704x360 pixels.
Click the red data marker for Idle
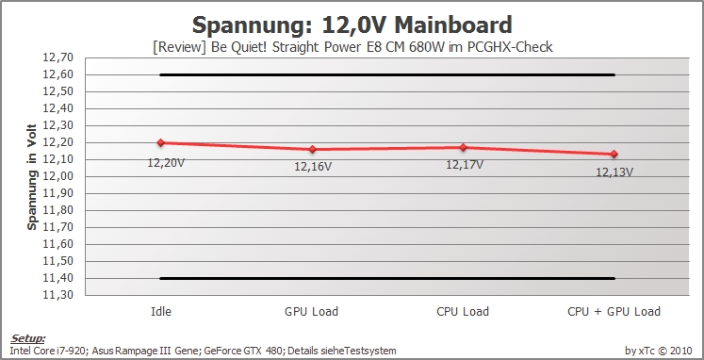[161, 142]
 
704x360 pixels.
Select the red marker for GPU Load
[312, 150]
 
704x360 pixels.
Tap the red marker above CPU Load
[463, 147]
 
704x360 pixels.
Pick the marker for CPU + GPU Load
[614, 154]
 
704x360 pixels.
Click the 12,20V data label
[166, 163]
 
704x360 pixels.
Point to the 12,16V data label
[313, 167]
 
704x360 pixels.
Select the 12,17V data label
[465, 165]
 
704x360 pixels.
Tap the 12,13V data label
[614, 172]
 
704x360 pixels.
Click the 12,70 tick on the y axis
[57, 57]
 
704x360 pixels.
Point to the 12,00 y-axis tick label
[57, 176]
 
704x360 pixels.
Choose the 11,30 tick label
[57, 295]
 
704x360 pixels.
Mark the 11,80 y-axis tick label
[57, 210]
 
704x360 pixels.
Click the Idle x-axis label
[161, 312]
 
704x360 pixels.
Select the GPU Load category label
[312, 312]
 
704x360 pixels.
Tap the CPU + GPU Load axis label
[614, 312]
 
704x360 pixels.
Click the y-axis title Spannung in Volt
[31, 177]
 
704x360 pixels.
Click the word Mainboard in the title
[453, 25]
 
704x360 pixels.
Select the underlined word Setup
[28, 338]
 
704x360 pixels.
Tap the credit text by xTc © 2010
[659, 351]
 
